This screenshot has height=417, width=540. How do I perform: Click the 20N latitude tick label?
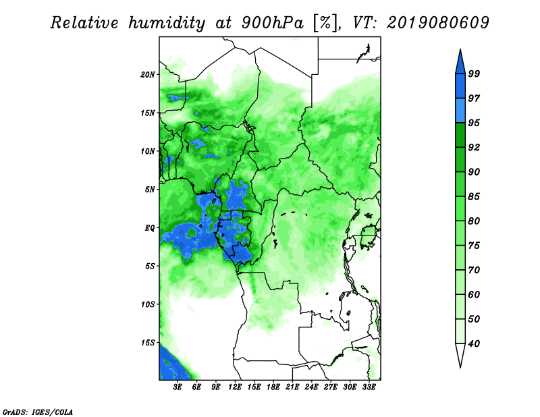[x=148, y=75]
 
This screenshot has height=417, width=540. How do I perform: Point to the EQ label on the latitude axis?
[x=150, y=228]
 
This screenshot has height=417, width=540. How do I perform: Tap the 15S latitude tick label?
[x=148, y=343]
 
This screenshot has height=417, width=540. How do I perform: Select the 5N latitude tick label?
[x=150, y=190]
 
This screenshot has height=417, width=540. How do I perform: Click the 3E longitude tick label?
[x=178, y=387]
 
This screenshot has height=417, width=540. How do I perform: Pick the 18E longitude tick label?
[x=273, y=387]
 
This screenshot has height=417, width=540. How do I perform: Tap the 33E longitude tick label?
[x=369, y=387]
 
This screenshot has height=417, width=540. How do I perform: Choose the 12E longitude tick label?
[x=235, y=387]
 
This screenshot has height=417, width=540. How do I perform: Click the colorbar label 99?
[x=474, y=74]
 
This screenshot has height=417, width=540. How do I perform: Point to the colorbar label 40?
[x=474, y=343]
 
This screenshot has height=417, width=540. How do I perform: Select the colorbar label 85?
[x=474, y=196]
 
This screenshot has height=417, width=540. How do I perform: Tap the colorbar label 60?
[x=474, y=295]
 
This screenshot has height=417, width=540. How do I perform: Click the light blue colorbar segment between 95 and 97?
[x=460, y=111]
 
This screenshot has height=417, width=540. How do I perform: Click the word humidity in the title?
[x=167, y=23]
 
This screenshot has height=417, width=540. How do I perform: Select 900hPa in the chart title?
[x=273, y=23]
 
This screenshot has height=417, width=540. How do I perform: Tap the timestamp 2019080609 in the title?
[x=437, y=23]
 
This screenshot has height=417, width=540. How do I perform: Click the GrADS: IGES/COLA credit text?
[x=38, y=412]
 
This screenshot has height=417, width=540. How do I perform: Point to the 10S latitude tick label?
[x=148, y=305]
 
